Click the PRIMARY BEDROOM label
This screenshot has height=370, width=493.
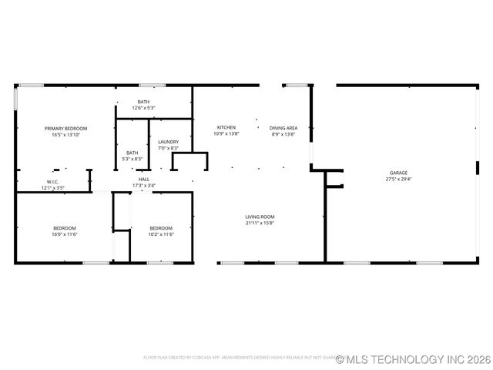pyautogui.click(x=65, y=128)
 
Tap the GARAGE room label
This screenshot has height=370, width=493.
pyautogui.click(x=397, y=173)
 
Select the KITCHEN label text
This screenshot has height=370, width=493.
pyautogui.click(x=226, y=127)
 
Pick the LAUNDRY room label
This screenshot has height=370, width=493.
pyautogui.click(x=168, y=142)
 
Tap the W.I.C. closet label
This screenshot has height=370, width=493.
pyautogui.click(x=53, y=182)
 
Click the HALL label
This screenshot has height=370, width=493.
pyautogui.click(x=144, y=179)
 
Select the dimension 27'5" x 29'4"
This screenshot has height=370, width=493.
pyautogui.click(x=398, y=179)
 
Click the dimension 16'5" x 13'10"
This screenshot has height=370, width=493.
pyautogui.click(x=65, y=135)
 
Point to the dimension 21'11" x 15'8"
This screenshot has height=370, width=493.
pyautogui.click(x=260, y=224)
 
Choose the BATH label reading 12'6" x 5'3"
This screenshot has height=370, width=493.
pyautogui.click(x=144, y=102)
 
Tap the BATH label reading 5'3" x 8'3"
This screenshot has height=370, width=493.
pyautogui.click(x=133, y=153)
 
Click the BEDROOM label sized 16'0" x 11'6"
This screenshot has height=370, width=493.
pyautogui.click(x=65, y=227)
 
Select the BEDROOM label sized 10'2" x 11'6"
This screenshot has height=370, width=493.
pyautogui.click(x=161, y=227)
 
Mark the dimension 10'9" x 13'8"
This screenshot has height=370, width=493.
pyautogui.click(x=226, y=134)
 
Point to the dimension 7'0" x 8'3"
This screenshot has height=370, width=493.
pyautogui.click(x=168, y=148)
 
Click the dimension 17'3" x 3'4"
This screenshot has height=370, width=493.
pyautogui.click(x=144, y=185)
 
